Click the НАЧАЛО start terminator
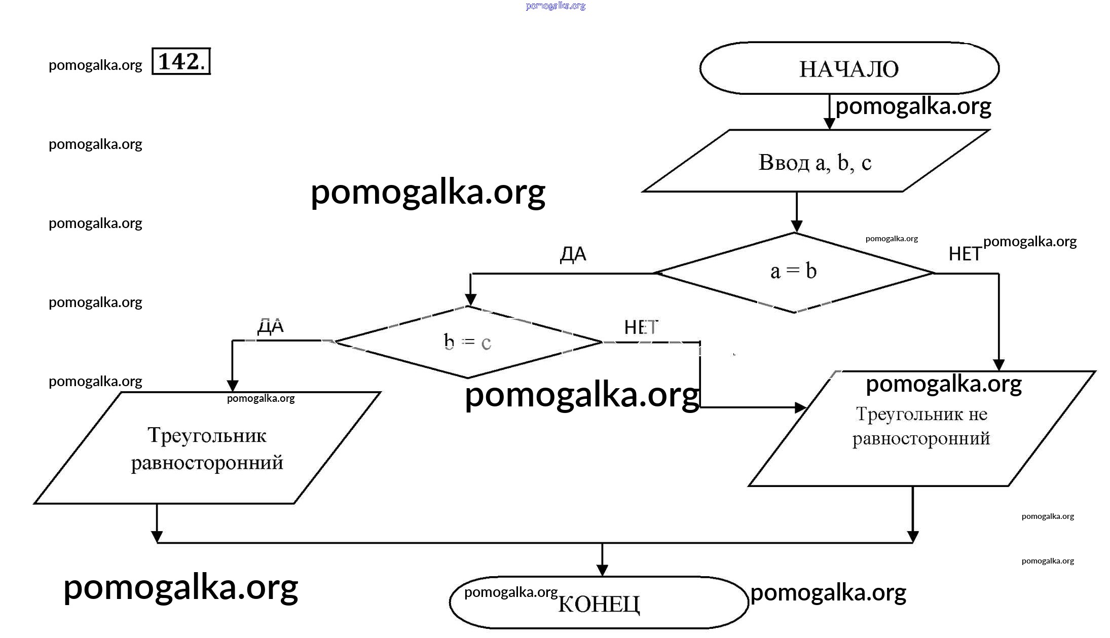849,68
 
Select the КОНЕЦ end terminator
599,603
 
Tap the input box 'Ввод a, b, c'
815,162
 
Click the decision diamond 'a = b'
794,272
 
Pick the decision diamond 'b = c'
467,342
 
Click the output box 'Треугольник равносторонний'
207,448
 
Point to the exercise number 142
181,61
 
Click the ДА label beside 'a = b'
573,254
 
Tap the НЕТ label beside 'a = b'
965,254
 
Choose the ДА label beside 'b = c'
271,326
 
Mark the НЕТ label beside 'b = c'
641,327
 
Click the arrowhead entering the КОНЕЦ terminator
602,571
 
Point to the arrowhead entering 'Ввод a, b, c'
829,124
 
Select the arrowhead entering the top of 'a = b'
796,227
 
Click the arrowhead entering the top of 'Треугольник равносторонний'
232,386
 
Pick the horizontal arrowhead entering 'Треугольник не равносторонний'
800,407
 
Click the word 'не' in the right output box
978,414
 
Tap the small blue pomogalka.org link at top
556,6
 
